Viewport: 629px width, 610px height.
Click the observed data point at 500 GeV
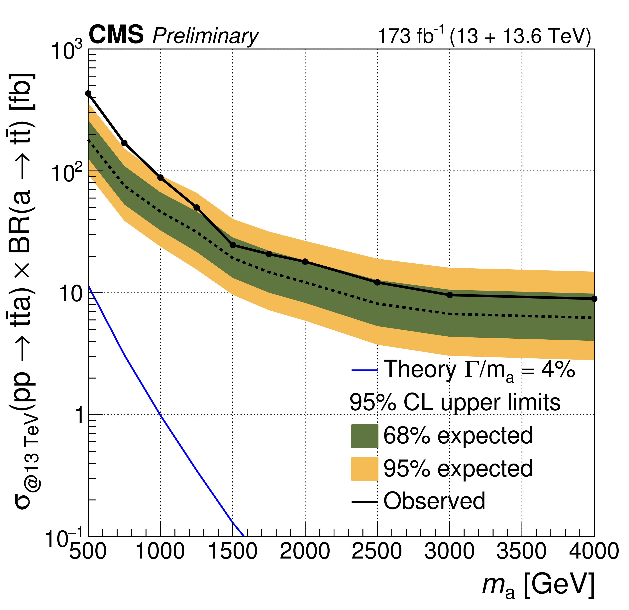[88, 94]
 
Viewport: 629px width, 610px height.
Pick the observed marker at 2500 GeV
[377, 282]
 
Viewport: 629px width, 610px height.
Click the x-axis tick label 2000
[305, 552]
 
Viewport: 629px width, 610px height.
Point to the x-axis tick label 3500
[521, 552]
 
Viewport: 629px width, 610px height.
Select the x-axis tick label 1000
[160, 552]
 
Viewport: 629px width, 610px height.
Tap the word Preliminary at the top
[205, 36]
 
